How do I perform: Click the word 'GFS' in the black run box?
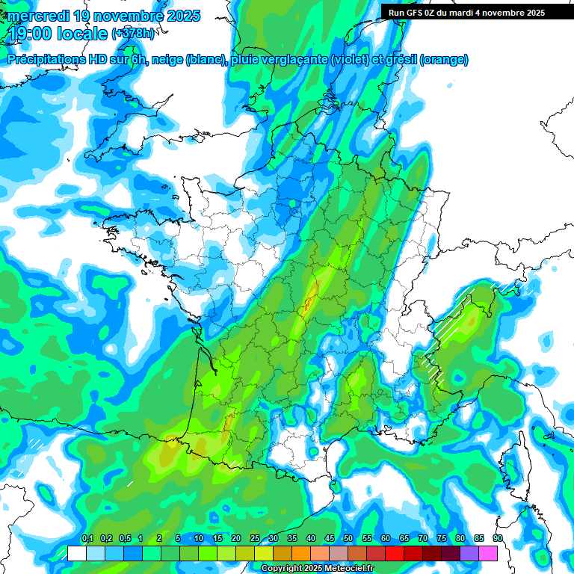417,13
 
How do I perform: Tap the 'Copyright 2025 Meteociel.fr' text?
317,569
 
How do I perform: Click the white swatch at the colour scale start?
76,554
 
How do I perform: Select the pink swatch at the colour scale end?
488,554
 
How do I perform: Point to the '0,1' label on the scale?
87,539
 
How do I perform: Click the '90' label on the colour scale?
498,539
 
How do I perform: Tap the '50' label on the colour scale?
348,539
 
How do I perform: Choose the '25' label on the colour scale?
255,539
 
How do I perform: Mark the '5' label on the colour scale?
178,539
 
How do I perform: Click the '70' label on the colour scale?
423,539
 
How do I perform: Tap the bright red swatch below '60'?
395,554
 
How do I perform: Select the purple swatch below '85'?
469,554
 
